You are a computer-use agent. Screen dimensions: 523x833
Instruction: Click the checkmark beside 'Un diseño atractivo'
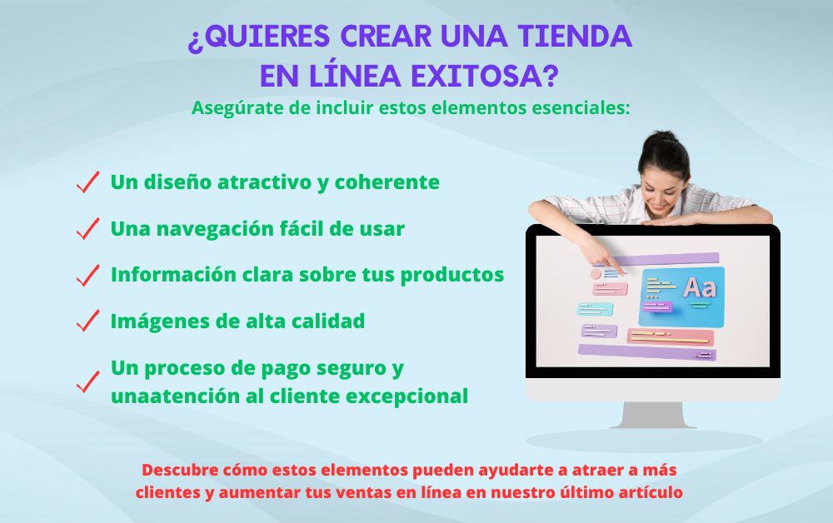pyautogui.click(x=87, y=182)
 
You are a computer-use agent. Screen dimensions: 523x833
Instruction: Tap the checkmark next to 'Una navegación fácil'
pyautogui.click(x=87, y=229)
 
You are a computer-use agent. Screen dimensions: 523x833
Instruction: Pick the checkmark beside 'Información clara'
pyautogui.click(x=87, y=276)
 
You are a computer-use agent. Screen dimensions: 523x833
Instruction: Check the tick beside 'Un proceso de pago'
pyautogui.click(x=87, y=382)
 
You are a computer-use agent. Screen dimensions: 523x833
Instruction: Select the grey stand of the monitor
pyautogui.click(x=652, y=415)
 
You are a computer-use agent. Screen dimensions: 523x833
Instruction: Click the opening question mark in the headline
pyautogui.click(x=195, y=37)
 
